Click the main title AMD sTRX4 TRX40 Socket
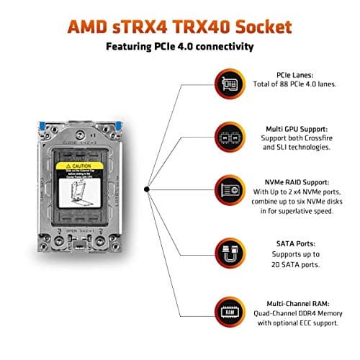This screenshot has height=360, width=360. pos(179,28)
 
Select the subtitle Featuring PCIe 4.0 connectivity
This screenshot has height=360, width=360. pos(179,48)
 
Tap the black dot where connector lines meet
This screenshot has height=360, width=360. pos(147,189)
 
